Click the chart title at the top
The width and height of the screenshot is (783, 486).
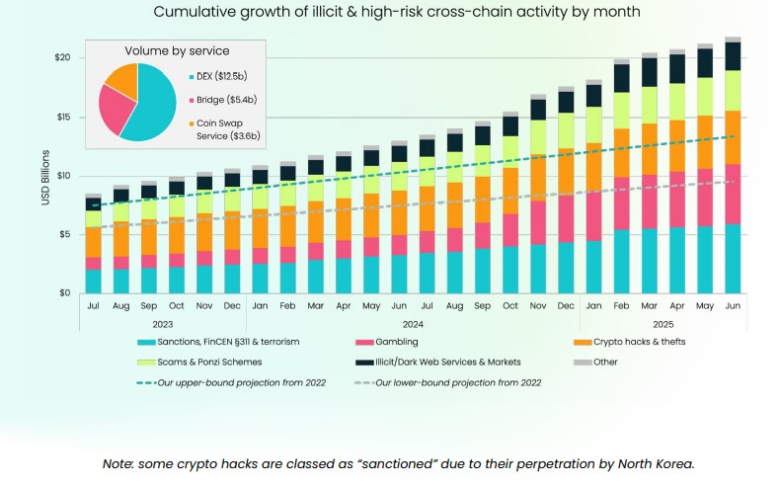(391, 13)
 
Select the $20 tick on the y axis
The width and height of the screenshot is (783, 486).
(64, 57)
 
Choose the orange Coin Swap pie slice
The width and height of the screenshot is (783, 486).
(124, 79)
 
